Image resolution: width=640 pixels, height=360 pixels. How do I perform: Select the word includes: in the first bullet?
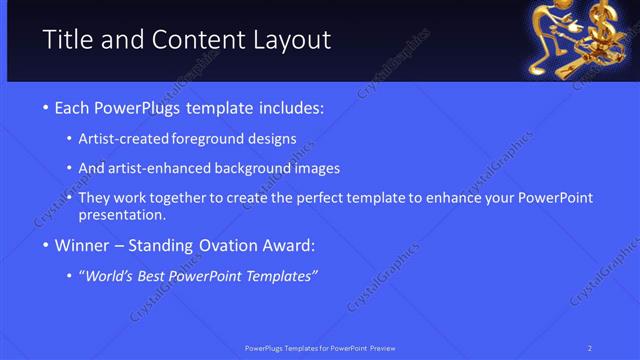pos(291,107)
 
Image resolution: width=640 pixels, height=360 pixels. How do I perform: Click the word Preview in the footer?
pos(380,347)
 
